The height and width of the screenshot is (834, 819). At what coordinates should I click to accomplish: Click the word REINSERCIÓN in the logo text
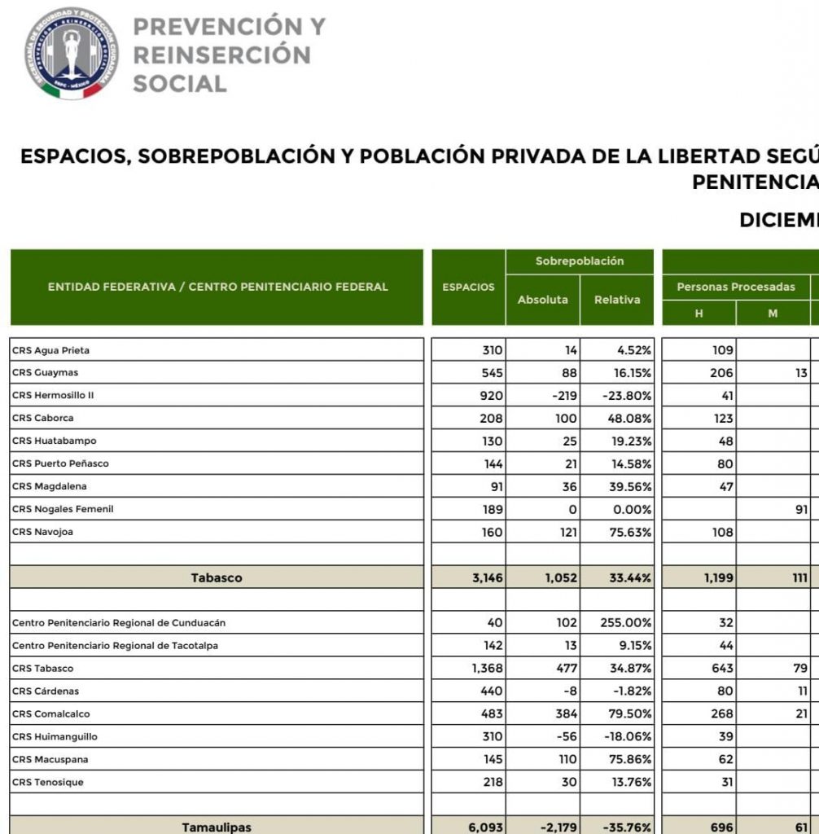(x=221, y=55)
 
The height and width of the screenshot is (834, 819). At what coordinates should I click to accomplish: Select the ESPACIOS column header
(x=468, y=287)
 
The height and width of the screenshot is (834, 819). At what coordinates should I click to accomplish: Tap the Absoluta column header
(x=543, y=299)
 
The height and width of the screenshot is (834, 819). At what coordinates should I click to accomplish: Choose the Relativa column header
(x=617, y=299)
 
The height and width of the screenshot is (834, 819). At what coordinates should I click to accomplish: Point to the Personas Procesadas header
(x=736, y=287)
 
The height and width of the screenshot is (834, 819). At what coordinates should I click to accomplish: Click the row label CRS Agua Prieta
(x=50, y=350)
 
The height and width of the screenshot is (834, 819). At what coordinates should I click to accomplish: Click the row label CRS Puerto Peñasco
(x=60, y=463)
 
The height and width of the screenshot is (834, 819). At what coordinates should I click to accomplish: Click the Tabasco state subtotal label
(x=217, y=578)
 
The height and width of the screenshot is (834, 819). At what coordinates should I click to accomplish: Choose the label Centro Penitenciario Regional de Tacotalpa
(x=115, y=646)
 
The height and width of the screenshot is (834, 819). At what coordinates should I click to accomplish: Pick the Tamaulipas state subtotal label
(x=217, y=827)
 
